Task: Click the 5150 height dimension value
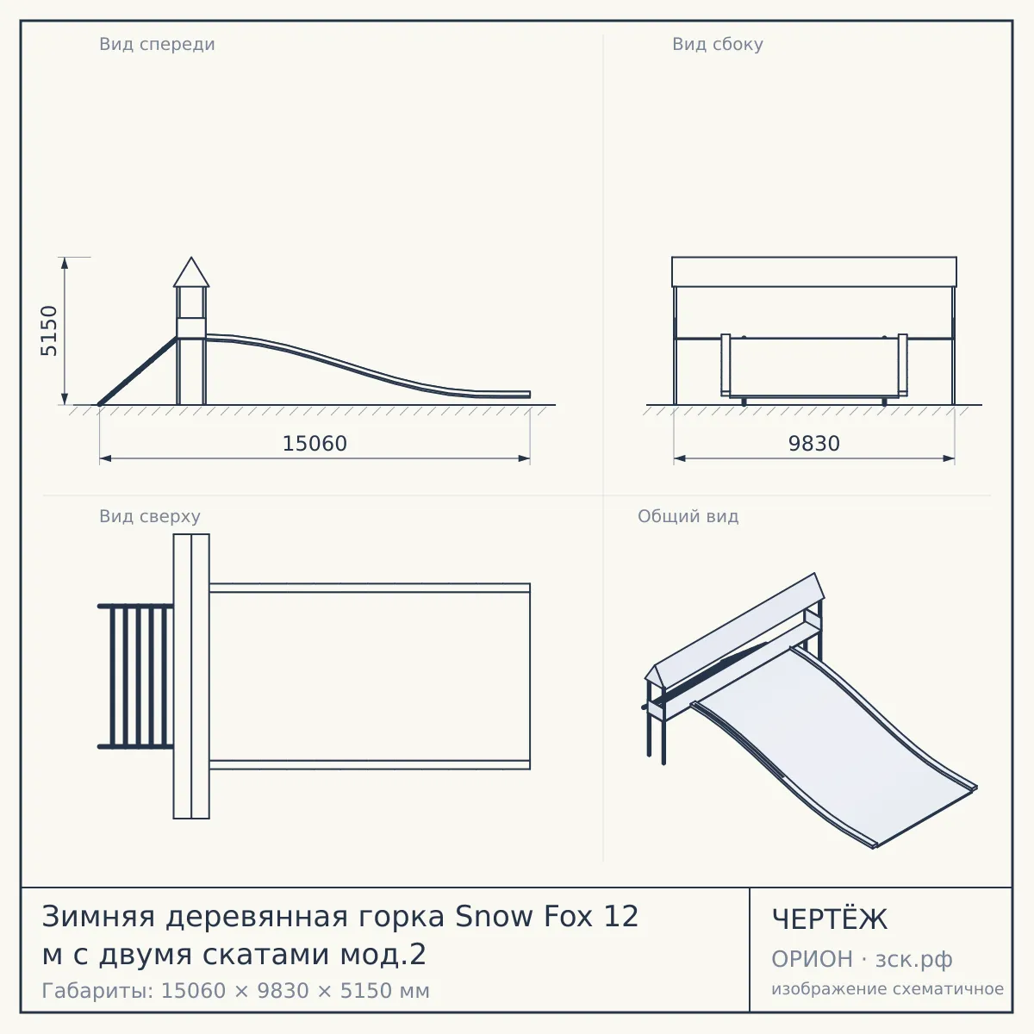49,331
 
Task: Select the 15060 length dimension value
315,444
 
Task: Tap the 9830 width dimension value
813,444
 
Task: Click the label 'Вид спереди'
157,44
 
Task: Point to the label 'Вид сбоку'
718,44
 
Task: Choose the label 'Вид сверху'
150,516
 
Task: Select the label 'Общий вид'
688,516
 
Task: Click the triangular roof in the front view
191,272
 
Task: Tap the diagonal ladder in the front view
137,371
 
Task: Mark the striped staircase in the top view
136,676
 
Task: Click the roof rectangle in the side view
814,272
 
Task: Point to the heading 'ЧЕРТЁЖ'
829,919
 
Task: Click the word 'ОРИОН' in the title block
812,959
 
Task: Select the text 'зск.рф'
913,960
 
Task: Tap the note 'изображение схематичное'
888,989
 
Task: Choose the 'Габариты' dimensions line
235,991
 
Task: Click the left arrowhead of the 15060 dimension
105,458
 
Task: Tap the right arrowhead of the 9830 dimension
949,458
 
